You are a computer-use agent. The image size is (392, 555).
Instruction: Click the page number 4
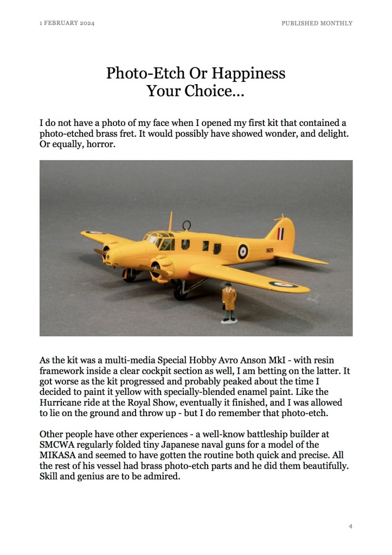pos(351,526)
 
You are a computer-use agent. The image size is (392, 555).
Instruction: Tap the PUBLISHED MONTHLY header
pos(317,23)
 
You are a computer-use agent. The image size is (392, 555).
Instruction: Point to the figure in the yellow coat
pos(229,303)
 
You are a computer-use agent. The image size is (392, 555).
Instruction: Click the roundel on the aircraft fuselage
pos(243,251)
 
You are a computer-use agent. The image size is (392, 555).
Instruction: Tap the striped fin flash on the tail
pos(280,234)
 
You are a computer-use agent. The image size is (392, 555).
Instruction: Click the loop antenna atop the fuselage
pos(187,225)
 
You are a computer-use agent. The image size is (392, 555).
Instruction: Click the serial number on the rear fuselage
pos(269,251)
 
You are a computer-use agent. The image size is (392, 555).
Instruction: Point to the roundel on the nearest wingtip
pos(282,284)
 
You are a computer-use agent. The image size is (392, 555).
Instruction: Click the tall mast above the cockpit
pos(171,221)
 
